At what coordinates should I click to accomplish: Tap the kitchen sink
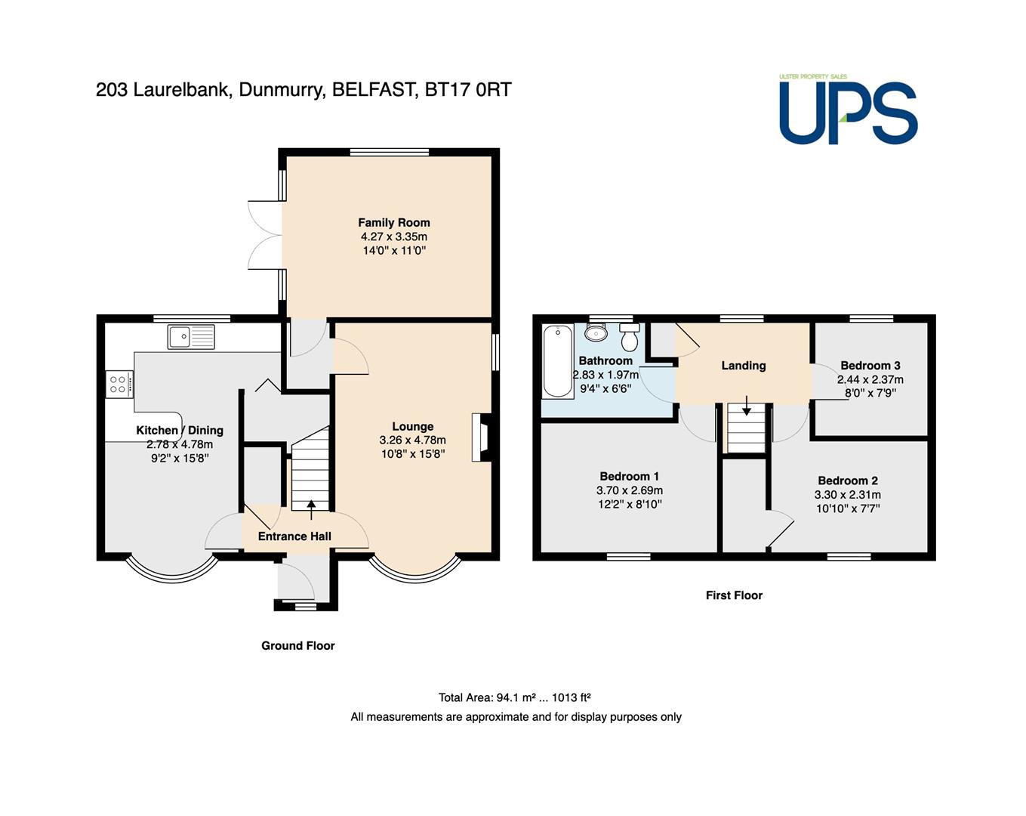(191, 336)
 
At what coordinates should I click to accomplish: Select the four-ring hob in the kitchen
(120, 384)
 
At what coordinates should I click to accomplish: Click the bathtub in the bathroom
(557, 361)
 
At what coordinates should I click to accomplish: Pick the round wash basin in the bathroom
(596, 332)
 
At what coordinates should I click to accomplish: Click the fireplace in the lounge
(482, 437)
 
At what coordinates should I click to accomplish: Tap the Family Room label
(394, 222)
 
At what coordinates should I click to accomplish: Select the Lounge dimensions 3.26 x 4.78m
(413, 440)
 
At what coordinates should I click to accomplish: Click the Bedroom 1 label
(630, 476)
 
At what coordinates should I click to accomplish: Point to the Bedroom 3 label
(870, 366)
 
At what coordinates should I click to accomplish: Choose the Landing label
(744, 366)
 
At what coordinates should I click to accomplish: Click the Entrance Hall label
(294, 536)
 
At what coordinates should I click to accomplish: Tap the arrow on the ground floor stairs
(311, 509)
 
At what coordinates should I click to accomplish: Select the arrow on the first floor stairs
(746, 405)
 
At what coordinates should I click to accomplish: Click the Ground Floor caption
(298, 646)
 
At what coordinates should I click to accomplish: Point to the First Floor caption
(735, 595)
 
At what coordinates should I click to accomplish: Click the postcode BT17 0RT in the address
(468, 90)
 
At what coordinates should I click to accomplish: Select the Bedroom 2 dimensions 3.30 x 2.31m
(847, 494)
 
